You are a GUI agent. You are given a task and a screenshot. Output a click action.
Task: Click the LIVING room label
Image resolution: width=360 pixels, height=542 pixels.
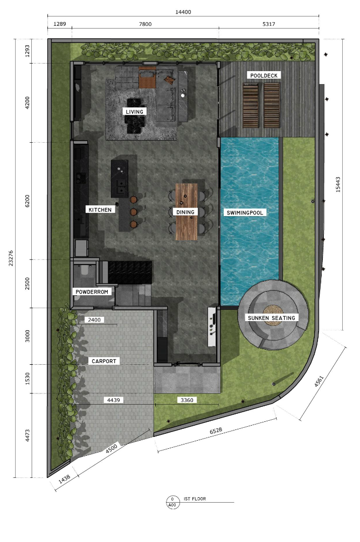click(135, 112)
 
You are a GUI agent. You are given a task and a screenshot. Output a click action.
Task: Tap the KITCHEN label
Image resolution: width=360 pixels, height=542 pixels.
click(100, 209)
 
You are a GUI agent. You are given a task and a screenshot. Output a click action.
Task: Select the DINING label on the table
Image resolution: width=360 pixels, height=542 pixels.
click(185, 212)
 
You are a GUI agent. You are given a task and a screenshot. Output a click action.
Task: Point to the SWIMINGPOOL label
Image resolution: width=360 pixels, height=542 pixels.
click(245, 213)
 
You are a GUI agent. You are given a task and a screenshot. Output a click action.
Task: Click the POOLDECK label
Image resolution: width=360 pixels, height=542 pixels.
click(264, 75)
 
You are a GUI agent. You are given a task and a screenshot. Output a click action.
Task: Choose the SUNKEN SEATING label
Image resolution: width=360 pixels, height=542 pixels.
click(272, 318)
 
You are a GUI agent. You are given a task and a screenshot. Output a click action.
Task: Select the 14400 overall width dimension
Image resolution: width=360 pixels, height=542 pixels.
click(183, 12)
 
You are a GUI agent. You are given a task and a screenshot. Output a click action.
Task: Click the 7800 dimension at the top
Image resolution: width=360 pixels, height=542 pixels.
click(146, 25)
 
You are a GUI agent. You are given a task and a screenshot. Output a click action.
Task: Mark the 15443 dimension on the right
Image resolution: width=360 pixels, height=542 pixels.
click(338, 184)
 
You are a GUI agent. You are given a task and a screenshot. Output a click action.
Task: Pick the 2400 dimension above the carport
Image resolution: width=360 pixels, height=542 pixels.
click(95, 320)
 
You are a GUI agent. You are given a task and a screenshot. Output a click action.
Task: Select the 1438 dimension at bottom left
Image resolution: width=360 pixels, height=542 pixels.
click(64, 481)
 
